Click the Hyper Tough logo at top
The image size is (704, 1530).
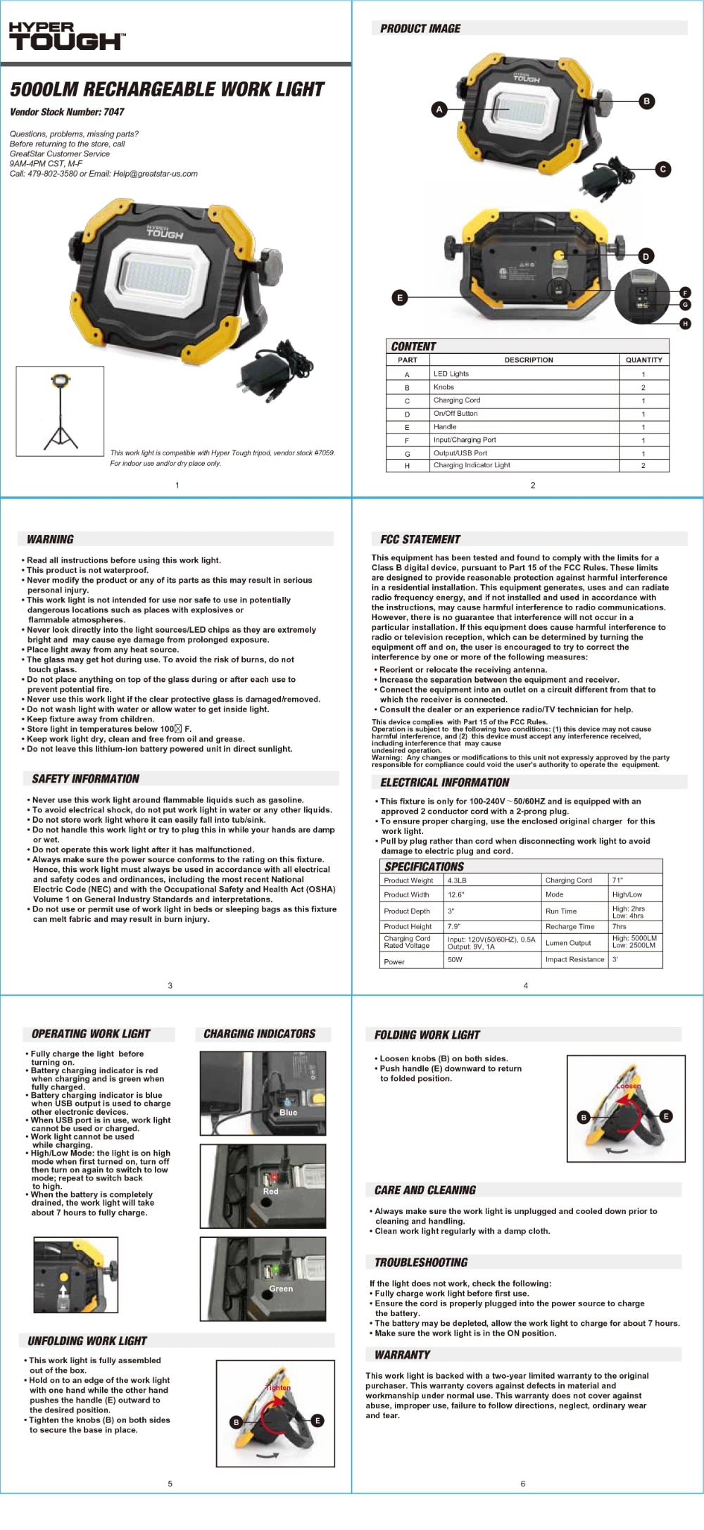pos(67,36)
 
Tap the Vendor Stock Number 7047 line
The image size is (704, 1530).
pos(67,112)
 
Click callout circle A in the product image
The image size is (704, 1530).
pos(439,109)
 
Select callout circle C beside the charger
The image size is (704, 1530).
pos(662,169)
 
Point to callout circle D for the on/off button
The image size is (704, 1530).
pos(646,256)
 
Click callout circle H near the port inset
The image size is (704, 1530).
pos(685,324)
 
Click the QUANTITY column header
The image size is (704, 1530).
pos(643,360)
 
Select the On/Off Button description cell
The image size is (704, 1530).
pos(455,414)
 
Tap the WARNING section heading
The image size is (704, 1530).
pos(50,540)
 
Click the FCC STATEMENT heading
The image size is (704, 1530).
pos(420,540)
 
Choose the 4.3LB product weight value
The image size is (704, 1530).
pos(457,880)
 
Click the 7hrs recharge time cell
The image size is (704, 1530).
pos(620,927)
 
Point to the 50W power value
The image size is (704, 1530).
pos(455,960)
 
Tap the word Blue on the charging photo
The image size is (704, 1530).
pos(289,1113)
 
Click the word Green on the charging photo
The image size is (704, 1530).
pos(281,1289)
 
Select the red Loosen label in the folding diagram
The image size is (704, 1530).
pos(628,1086)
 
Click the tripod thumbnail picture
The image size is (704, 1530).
pos(61,411)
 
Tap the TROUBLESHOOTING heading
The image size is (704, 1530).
pos(421,1263)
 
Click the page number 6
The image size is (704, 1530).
pos(523,1484)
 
